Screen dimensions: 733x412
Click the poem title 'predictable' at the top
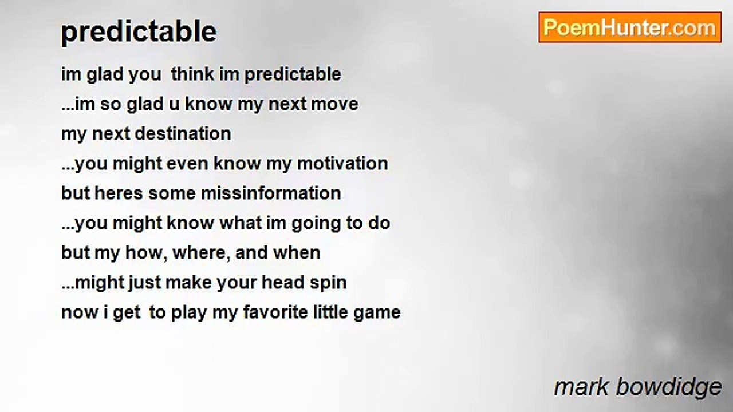point(139,32)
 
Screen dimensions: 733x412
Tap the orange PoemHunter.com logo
point(630,27)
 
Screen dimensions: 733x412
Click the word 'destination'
point(183,134)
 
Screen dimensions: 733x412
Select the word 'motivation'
point(342,164)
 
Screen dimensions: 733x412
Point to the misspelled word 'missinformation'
point(271,193)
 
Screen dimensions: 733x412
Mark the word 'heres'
point(119,193)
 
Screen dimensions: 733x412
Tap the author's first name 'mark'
point(581,387)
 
